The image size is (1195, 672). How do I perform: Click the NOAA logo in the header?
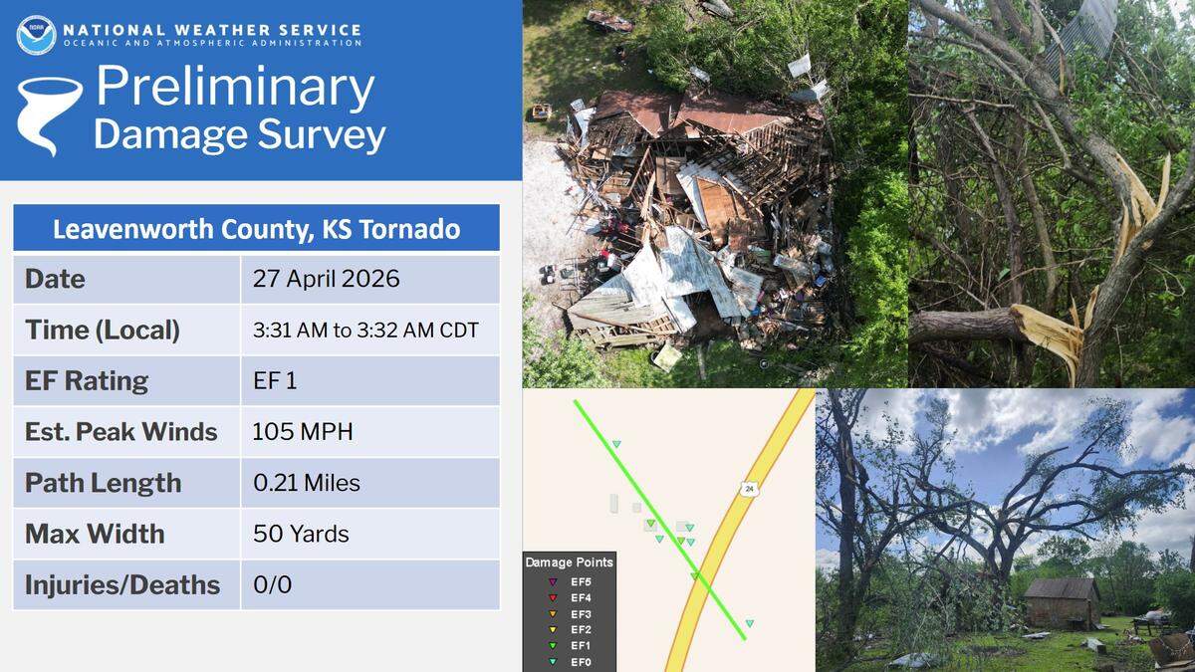point(36,35)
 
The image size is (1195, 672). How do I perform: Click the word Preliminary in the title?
point(235,89)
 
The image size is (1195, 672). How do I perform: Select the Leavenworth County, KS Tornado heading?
point(256,230)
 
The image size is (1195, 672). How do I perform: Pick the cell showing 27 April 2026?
point(326,279)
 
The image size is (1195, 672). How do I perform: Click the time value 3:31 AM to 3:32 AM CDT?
point(365,330)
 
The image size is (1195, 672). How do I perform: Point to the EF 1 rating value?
point(275,381)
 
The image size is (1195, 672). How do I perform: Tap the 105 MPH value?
point(303,432)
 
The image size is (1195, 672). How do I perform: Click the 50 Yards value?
point(301,534)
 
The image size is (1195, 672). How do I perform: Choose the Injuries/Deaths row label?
point(122,584)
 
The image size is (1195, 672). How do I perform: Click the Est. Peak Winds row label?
point(121,432)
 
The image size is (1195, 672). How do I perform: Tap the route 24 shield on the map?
point(747,488)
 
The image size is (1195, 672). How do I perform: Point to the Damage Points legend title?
point(569,562)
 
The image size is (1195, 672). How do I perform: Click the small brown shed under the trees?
point(1063,602)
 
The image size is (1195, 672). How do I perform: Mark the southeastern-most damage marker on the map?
point(749,624)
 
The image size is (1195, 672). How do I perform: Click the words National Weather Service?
point(210,30)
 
